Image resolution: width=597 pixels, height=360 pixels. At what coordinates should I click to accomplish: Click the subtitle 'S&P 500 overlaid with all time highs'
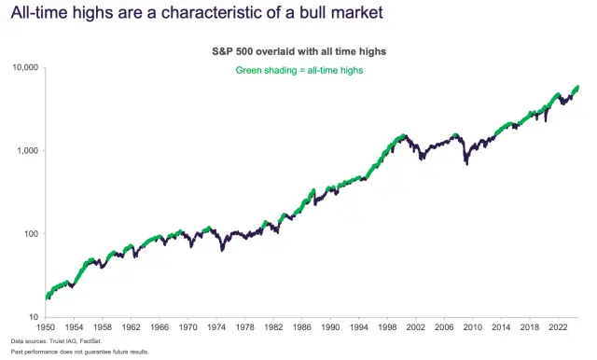point(309,52)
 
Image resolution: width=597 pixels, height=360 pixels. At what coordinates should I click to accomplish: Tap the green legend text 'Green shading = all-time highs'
point(309,70)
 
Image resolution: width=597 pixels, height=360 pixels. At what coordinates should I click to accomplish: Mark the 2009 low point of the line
point(466,164)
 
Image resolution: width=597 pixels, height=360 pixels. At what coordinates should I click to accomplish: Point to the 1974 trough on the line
point(222,249)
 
